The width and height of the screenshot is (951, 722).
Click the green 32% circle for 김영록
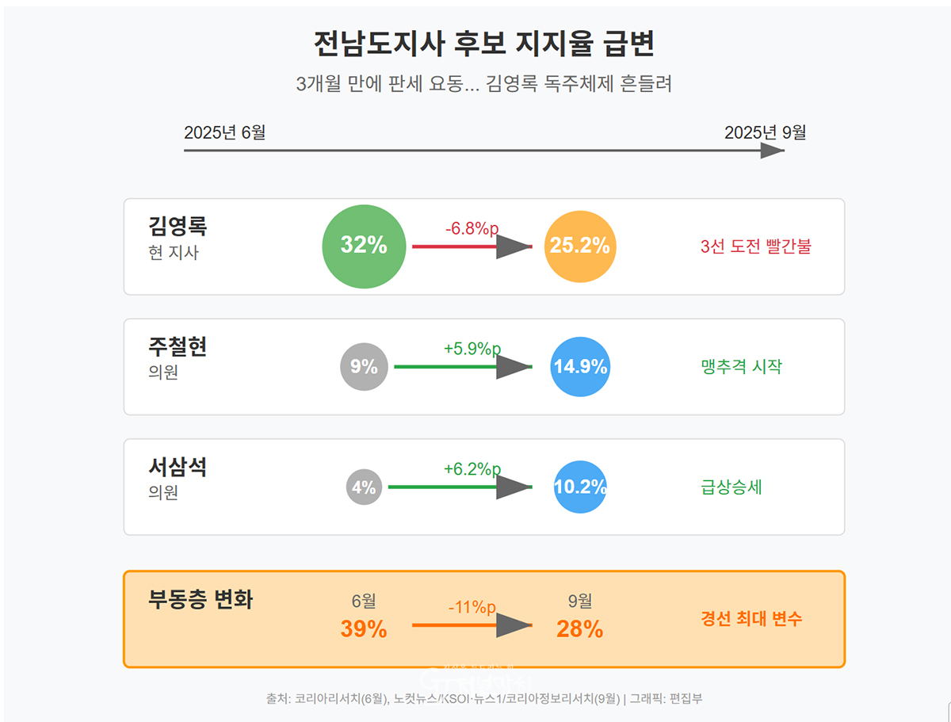364,246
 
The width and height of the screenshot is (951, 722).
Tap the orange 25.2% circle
580,246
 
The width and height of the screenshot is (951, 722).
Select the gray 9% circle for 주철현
364,367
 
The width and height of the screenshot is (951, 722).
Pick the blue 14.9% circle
580,367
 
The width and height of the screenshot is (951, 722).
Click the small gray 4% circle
364,487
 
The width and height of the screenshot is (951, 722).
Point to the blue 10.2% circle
580,487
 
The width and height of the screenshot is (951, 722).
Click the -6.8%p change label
472,229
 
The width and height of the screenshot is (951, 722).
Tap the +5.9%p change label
472,349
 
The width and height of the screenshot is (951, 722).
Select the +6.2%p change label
472,469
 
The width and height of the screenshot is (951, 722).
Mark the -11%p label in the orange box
472,608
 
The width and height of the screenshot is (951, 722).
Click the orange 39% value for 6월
364,629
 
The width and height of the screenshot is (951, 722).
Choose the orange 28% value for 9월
580,629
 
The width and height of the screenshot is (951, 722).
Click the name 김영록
178,227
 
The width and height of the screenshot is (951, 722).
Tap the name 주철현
178,347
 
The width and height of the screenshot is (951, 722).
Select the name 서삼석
178,468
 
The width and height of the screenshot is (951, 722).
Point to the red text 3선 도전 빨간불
756,246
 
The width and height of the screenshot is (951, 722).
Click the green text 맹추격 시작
742,367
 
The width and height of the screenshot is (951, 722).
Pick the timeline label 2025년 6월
225,133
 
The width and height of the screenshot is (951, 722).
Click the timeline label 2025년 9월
765,133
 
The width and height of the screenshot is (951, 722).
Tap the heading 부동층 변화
201,600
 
